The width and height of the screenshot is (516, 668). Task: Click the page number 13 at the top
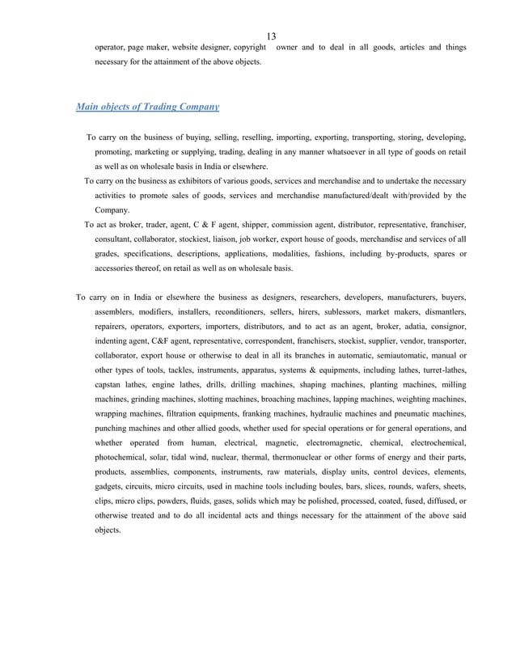(271, 36)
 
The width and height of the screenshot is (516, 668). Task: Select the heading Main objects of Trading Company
(146, 106)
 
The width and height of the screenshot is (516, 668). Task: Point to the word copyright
(245, 48)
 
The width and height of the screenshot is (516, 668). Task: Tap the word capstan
(109, 385)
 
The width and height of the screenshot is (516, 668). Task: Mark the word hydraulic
(345, 414)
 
